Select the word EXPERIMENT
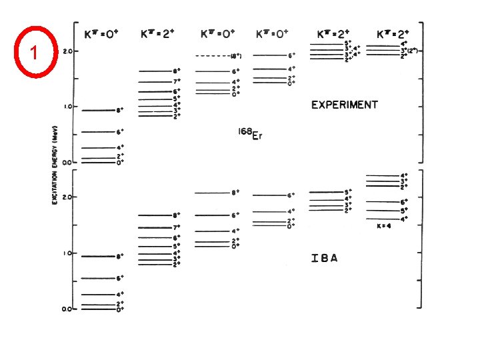tap(344, 105)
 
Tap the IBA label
tap(324, 258)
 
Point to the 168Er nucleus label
tap(246, 135)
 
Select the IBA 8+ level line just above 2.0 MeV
tap(212, 193)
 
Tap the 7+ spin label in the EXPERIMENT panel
tap(177, 82)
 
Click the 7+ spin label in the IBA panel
tap(177, 227)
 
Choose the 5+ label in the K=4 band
tap(404, 210)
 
